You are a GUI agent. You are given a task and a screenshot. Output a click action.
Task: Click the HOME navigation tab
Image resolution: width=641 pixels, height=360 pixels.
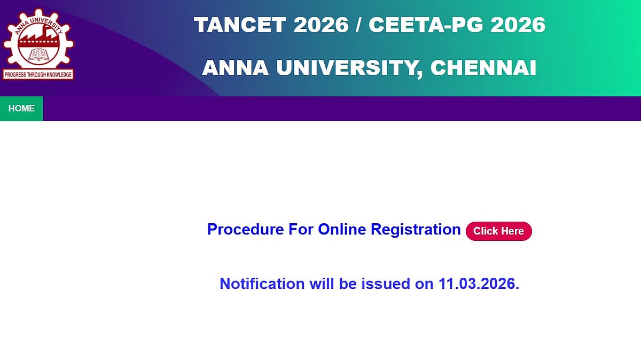pyautogui.click(x=21, y=109)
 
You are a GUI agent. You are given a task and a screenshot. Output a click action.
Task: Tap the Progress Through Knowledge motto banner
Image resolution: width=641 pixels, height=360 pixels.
pyautogui.click(x=38, y=75)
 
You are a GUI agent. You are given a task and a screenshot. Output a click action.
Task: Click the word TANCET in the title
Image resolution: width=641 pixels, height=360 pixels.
pyautogui.click(x=240, y=25)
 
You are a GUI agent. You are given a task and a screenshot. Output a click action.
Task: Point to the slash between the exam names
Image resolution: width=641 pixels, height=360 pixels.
pyautogui.click(x=358, y=25)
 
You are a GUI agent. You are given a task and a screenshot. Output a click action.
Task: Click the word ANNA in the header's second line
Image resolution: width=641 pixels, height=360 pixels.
pyautogui.click(x=235, y=68)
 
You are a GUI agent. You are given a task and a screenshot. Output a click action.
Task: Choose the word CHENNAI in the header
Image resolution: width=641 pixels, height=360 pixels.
pyautogui.click(x=483, y=68)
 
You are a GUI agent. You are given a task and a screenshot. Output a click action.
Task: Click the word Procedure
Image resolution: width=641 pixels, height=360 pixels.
pyautogui.click(x=246, y=230)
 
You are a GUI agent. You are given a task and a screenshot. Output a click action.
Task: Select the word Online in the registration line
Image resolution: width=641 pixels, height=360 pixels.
pyautogui.click(x=342, y=230)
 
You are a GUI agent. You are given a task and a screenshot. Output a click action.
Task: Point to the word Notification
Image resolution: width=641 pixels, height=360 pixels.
pyautogui.click(x=262, y=284)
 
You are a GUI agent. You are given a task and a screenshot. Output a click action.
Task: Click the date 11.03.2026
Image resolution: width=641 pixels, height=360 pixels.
pyautogui.click(x=479, y=284)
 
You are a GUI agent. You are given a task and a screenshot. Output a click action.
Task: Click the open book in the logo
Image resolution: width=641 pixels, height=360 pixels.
pyautogui.click(x=38, y=54)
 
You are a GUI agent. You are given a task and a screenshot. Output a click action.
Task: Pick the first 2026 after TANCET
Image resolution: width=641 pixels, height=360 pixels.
pyautogui.click(x=321, y=25)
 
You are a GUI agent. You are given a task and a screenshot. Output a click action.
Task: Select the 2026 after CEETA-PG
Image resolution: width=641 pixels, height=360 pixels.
pyautogui.click(x=518, y=25)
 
